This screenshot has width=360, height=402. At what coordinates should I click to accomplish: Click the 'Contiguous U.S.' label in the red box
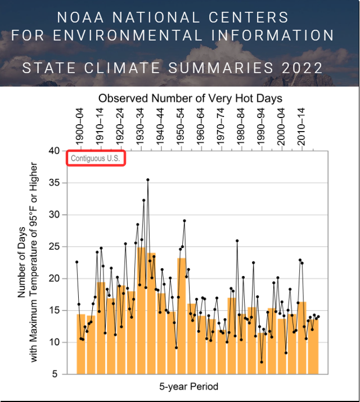[x=96, y=159]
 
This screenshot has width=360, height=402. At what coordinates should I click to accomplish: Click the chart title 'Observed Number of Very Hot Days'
[x=190, y=98]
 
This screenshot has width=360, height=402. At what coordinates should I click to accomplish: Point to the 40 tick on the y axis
[x=55, y=151]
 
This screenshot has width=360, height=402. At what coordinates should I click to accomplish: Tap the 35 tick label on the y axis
[x=55, y=183]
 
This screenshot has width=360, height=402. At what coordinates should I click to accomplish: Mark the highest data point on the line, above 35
[x=148, y=180]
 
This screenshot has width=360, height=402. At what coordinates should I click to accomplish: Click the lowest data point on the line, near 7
[x=262, y=362]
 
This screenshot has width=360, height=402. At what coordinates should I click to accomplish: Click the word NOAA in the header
[x=76, y=17]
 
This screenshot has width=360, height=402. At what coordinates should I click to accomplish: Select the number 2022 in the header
[x=303, y=69]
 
